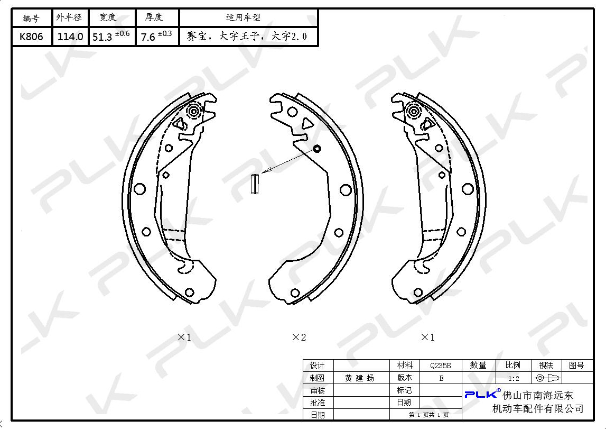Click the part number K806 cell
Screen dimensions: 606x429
(31, 36)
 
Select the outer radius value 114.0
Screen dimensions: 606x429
(70, 36)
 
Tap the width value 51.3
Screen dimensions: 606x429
(102, 37)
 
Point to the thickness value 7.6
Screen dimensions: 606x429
(147, 37)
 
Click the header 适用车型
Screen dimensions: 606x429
(243, 17)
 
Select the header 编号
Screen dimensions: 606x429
(31, 18)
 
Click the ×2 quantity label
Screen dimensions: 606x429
(299, 337)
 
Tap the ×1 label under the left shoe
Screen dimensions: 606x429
(184, 337)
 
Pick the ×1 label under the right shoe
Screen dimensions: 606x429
(427, 337)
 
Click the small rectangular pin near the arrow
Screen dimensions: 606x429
(255, 184)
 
